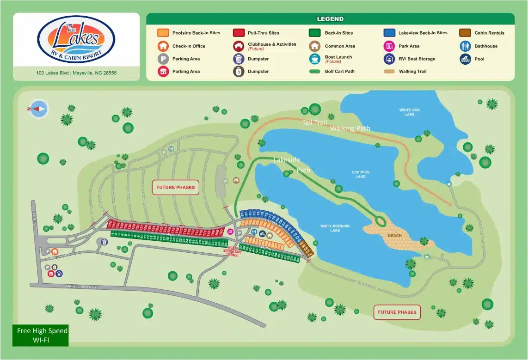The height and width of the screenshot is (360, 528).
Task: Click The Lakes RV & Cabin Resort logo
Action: [76, 40]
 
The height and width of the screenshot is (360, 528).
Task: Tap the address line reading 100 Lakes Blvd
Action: [76, 73]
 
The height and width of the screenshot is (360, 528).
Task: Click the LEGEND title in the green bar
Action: [330, 19]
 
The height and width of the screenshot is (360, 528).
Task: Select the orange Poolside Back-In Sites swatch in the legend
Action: [163, 33]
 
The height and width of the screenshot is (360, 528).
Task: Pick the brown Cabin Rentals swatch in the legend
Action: [465, 33]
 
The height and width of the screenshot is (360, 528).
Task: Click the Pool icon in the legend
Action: [466, 59]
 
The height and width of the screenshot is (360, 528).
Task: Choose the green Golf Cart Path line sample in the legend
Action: [314, 72]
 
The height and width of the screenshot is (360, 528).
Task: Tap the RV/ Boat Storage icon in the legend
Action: [389, 59]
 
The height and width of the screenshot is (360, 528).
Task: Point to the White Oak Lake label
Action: [409, 112]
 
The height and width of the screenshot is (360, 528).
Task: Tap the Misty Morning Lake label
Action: [335, 228]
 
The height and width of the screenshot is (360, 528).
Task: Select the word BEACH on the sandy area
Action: [395, 236]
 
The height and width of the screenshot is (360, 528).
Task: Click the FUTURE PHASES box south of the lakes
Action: [397, 312]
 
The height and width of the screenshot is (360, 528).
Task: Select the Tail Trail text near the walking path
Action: [314, 122]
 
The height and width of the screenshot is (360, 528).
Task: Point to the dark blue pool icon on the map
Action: [262, 233]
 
